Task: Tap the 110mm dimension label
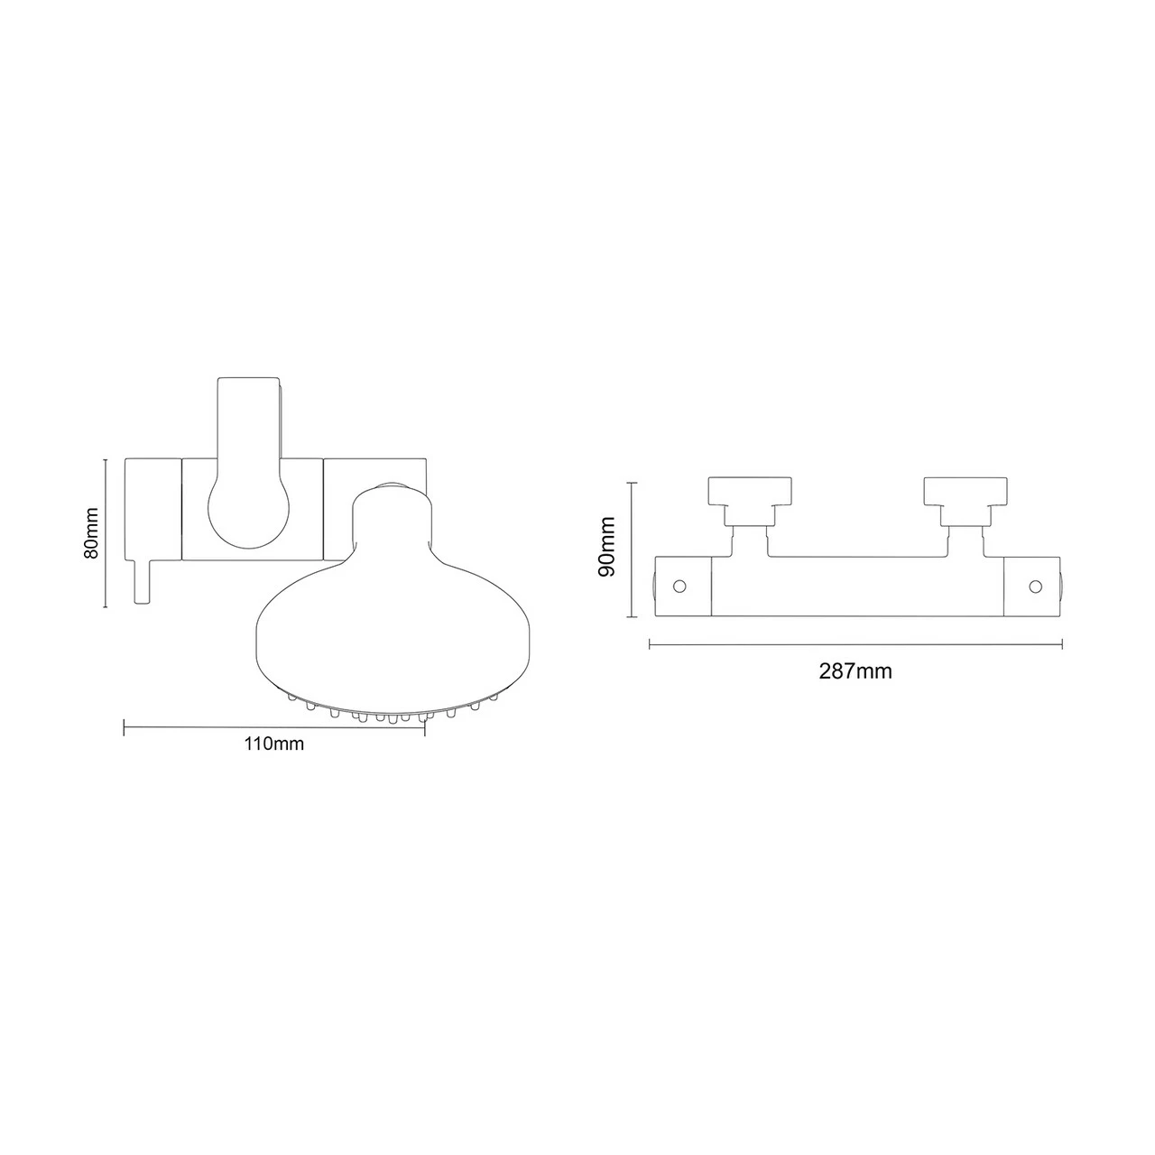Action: coord(273,744)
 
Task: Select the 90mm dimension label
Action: coord(607,547)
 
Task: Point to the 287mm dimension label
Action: coord(855,671)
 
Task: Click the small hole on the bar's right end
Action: coord(1034,587)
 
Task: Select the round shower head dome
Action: coord(393,614)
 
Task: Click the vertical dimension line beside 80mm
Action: coord(106,532)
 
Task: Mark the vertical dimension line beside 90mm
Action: coord(632,549)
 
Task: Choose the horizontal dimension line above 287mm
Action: coord(855,644)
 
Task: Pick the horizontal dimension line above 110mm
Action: coord(273,726)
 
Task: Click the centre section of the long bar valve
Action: coord(857,587)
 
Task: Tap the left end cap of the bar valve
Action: coord(683,587)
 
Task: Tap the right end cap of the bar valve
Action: coord(1030,587)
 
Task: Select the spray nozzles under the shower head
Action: coord(393,714)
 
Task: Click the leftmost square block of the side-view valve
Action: coord(152,509)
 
